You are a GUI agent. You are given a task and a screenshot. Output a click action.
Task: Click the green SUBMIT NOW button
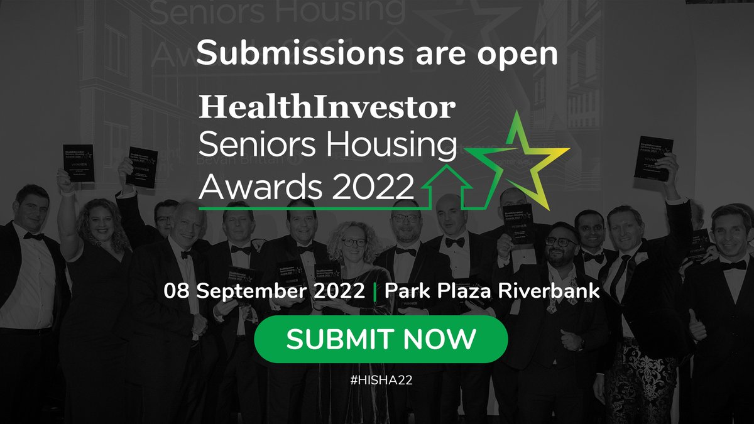click(381, 339)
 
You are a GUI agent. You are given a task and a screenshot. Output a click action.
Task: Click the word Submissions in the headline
click(291, 54)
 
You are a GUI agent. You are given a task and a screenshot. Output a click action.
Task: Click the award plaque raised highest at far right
click(653, 157)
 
